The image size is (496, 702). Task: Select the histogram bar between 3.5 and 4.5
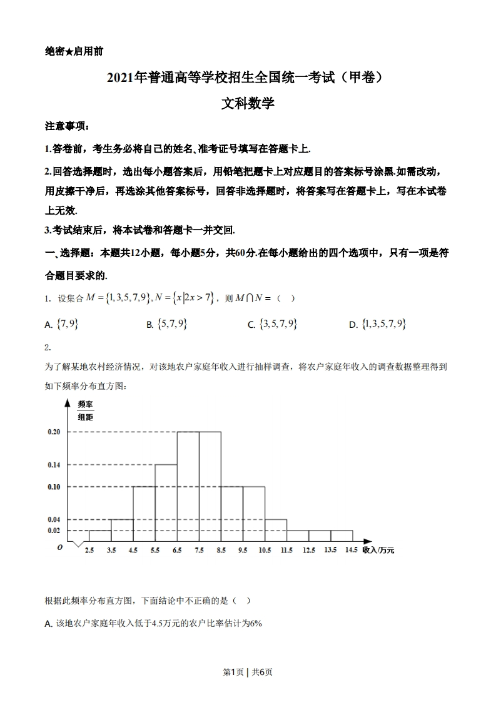(122, 530)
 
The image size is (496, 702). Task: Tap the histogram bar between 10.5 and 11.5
(275, 530)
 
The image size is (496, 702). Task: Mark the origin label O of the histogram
(59, 547)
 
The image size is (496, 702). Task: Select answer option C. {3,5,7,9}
(272, 324)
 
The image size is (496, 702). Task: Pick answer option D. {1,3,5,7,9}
(378, 324)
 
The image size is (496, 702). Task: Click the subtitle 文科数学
(248, 104)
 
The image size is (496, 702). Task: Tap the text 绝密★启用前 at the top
(74, 52)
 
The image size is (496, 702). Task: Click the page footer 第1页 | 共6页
(248, 672)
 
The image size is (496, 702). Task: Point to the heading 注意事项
(67, 126)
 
